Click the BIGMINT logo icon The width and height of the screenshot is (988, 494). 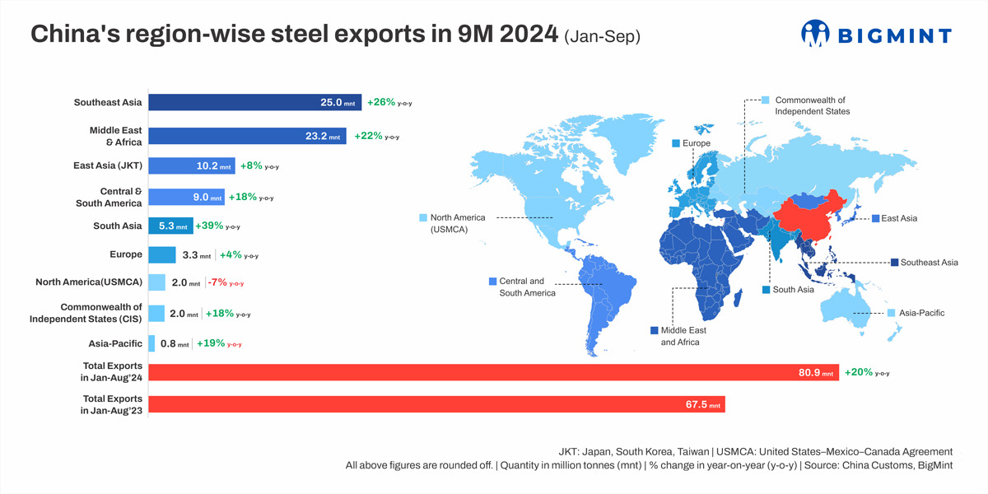[x=815, y=34]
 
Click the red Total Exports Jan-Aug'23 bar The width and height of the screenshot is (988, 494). [x=436, y=404]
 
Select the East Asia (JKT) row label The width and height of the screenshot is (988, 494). [x=108, y=165]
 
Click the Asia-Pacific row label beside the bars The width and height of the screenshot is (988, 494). [x=115, y=343]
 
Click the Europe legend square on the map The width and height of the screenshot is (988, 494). [x=676, y=143]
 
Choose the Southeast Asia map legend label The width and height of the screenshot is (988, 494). [x=929, y=263]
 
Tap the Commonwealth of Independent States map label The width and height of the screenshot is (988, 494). [x=812, y=105]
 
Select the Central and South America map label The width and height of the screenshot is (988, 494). [x=526, y=287]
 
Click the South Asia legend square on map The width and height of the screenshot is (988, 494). [x=766, y=290]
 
